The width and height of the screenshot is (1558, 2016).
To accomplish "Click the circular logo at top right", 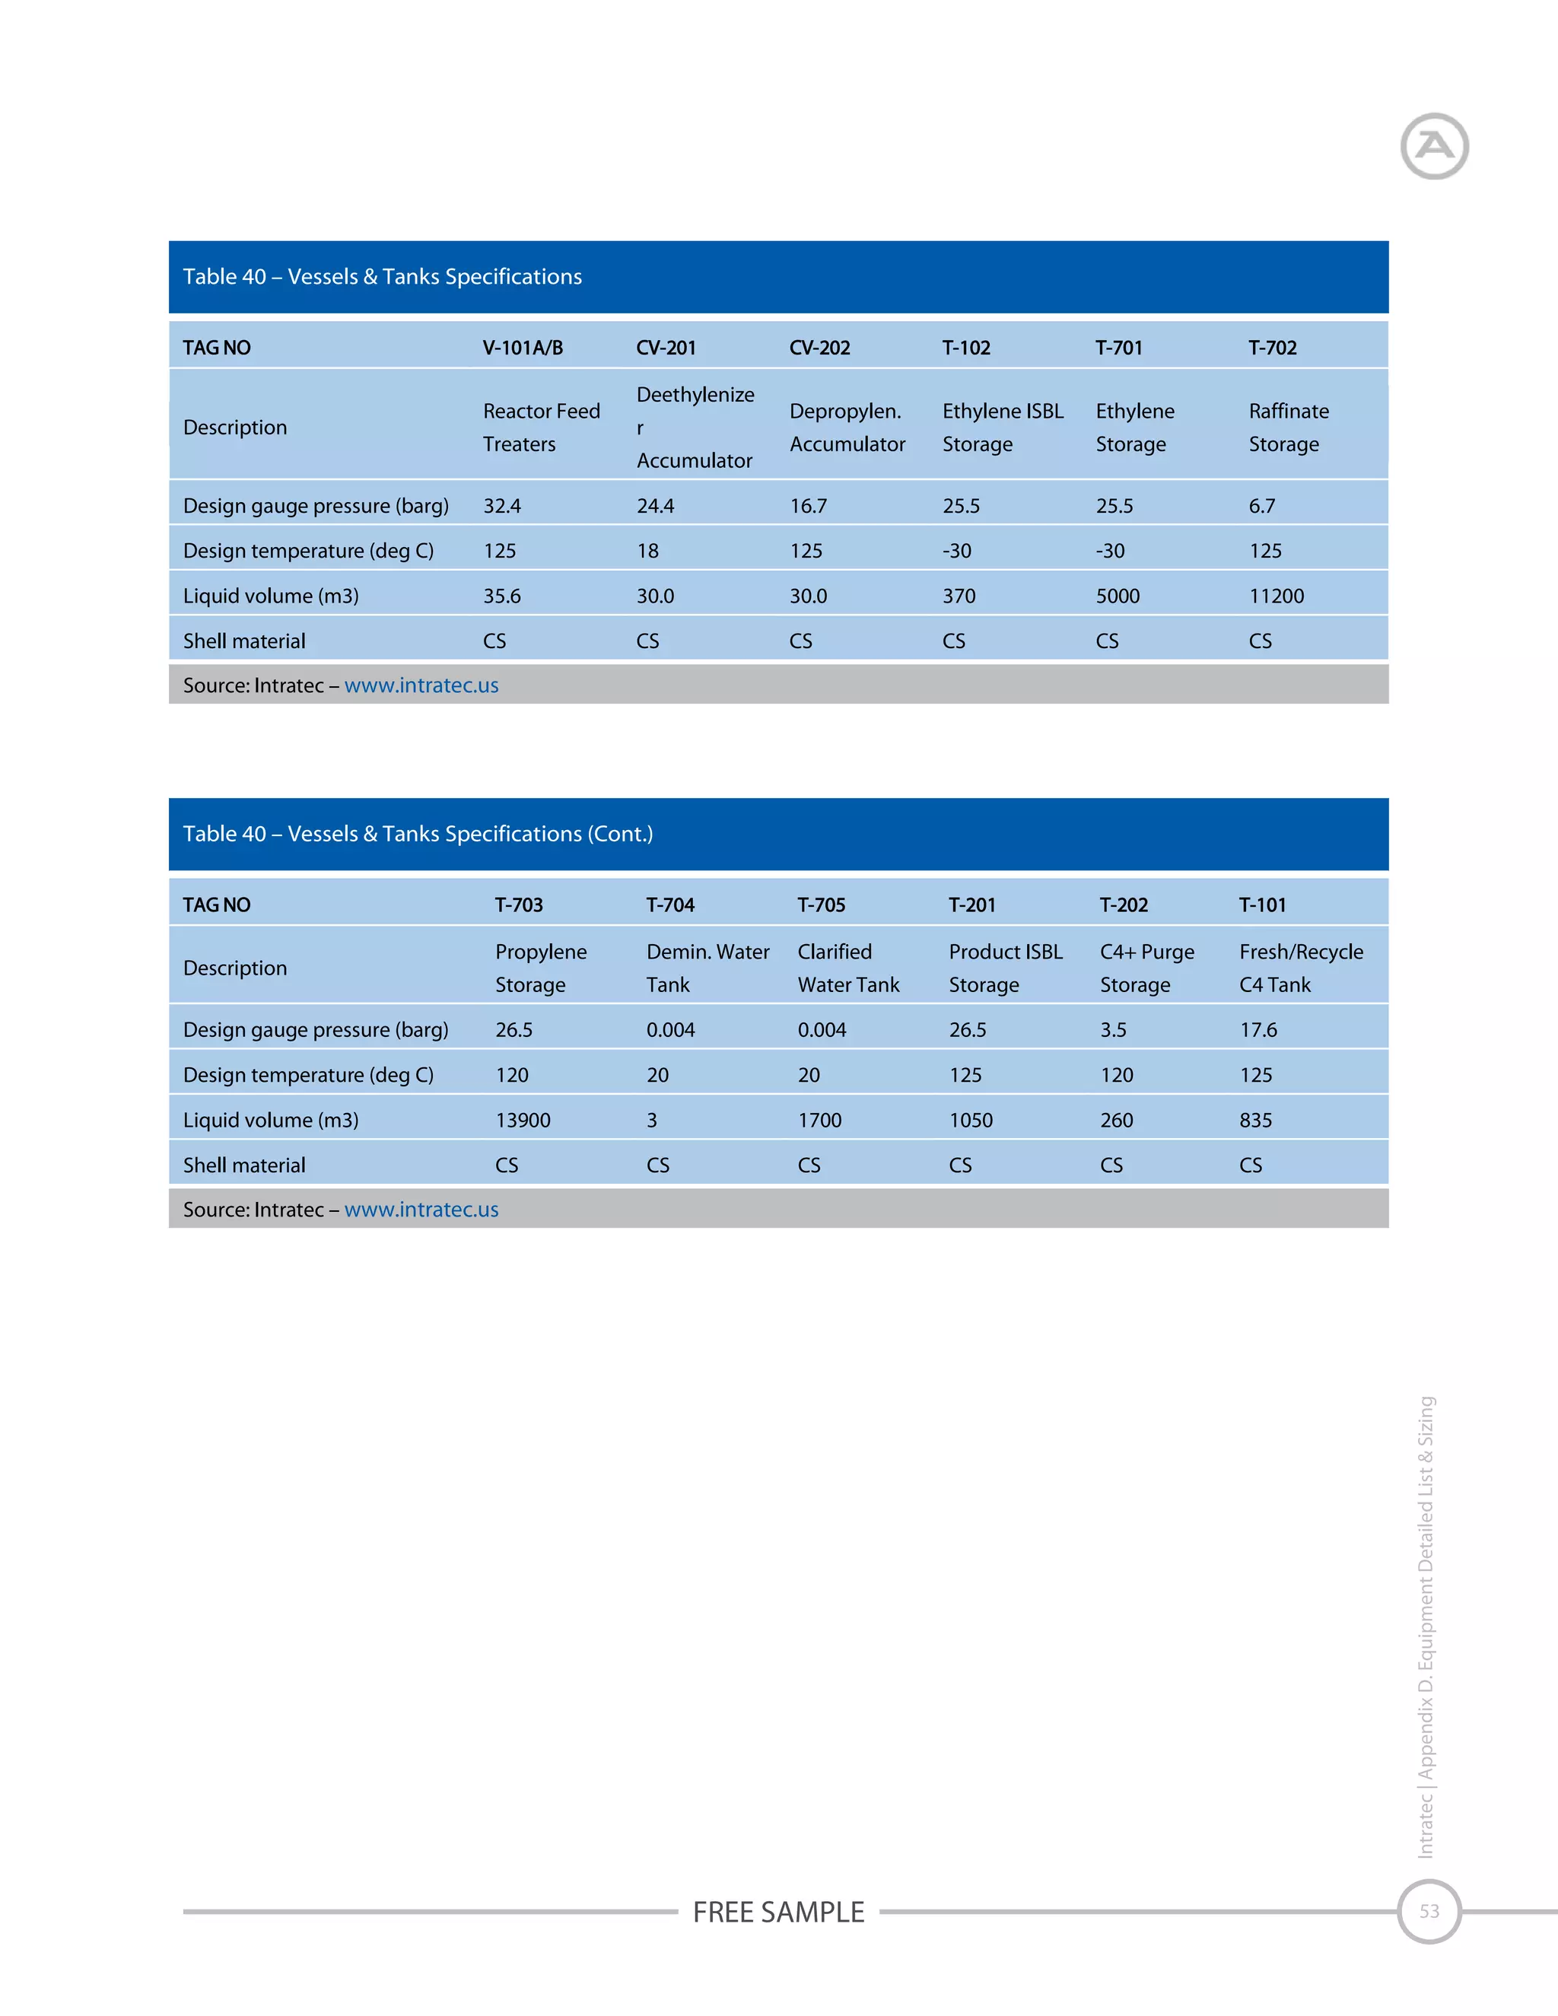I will click(x=1433, y=146).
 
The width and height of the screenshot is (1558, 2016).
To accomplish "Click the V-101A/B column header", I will click(x=523, y=348).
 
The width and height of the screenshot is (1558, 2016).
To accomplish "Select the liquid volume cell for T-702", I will click(x=1277, y=596).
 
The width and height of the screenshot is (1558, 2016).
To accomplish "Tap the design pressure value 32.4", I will click(x=502, y=506).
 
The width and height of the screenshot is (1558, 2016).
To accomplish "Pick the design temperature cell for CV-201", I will click(x=648, y=551).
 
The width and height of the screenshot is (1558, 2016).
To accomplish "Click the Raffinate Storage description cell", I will click(x=1289, y=428).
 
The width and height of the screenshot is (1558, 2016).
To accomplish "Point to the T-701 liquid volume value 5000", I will click(x=1118, y=596).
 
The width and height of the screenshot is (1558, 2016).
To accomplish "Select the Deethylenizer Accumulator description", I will click(x=695, y=428).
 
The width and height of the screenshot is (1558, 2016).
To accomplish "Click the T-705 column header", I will click(x=822, y=905).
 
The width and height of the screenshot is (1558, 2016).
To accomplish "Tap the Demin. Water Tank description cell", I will click(x=707, y=968).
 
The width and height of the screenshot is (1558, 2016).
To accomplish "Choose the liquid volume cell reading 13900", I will click(x=523, y=1121).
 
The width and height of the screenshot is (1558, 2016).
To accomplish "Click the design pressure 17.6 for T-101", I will click(x=1258, y=1030).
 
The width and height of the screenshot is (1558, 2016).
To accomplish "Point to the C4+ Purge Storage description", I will click(x=1146, y=968).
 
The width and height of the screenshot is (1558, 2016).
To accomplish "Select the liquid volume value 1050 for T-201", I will click(x=971, y=1121).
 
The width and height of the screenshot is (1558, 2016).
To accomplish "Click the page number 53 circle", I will click(x=1429, y=1912).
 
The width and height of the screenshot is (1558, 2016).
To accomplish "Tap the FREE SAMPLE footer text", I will click(x=778, y=1912).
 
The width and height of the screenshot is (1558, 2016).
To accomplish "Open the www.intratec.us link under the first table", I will click(x=421, y=686).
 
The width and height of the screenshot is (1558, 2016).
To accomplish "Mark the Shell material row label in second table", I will click(x=243, y=1165).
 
